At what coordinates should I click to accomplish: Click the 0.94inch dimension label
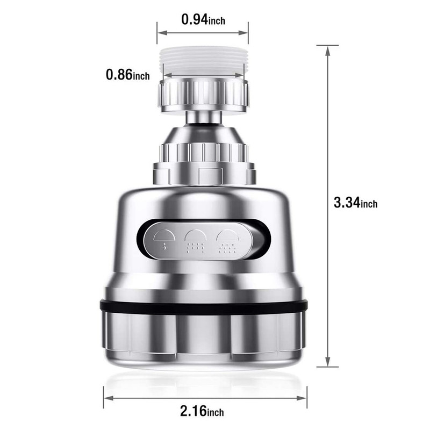[203, 19]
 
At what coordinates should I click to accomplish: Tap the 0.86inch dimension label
[128, 74]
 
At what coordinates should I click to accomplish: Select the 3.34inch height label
[355, 203]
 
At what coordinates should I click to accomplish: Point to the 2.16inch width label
[202, 411]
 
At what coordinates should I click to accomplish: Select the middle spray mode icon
[195, 240]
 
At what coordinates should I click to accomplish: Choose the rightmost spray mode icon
[227, 240]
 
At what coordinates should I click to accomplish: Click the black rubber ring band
[204, 307]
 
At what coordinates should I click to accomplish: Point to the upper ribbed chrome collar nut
[204, 95]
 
